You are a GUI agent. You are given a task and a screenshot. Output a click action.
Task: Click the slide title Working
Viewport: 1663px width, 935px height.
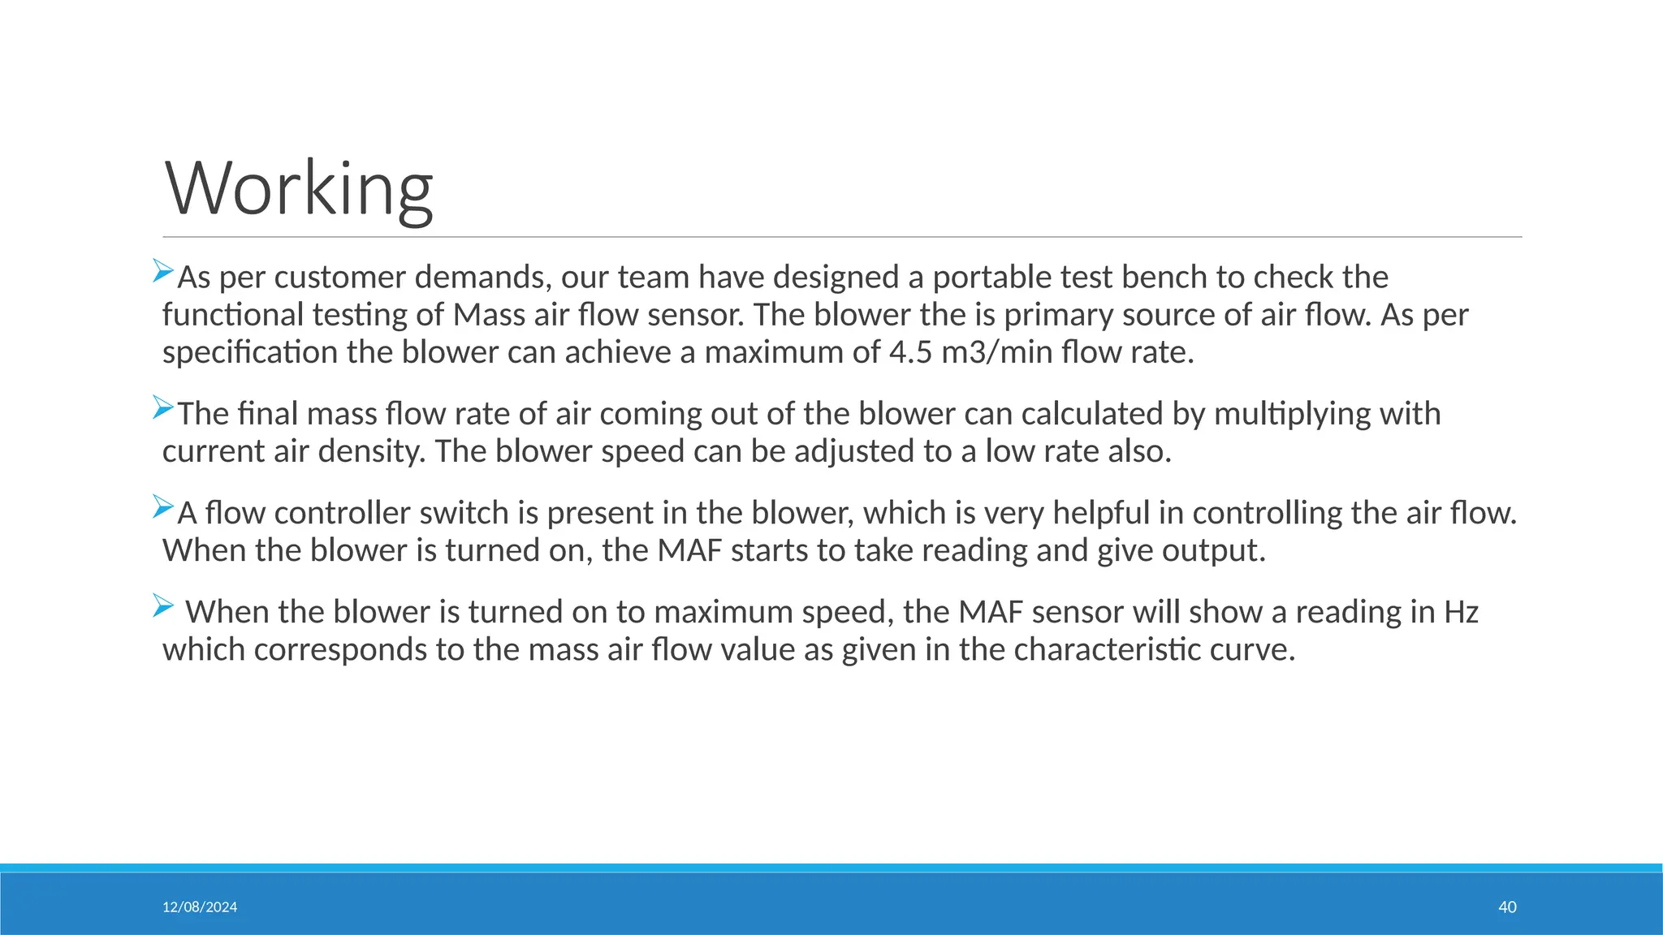(299, 188)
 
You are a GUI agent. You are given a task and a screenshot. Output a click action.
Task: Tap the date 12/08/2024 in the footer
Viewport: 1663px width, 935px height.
(200, 907)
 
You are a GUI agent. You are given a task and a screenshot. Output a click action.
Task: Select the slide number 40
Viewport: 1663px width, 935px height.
(1507, 907)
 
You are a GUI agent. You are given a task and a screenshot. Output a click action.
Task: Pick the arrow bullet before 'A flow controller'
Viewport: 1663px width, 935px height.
(163, 506)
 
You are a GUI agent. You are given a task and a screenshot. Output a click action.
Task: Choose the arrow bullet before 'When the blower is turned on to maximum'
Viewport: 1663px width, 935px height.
(163, 605)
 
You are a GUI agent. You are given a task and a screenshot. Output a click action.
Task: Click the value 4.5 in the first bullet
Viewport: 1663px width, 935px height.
(910, 353)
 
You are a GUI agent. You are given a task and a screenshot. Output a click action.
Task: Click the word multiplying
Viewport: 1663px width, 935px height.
(1290, 414)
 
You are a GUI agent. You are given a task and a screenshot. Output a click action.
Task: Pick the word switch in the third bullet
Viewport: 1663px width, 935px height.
(464, 513)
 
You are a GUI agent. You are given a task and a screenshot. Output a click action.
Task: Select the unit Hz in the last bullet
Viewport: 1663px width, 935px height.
(1461, 612)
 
